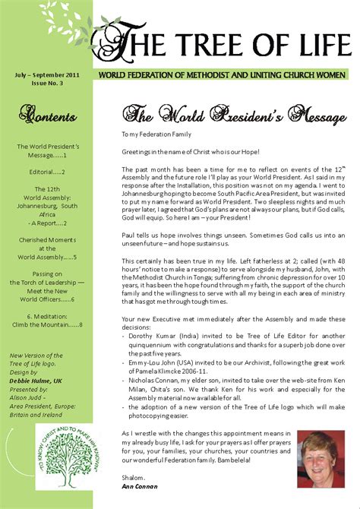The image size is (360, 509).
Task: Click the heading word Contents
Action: [x=48, y=117]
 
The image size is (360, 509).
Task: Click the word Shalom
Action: [x=135, y=476]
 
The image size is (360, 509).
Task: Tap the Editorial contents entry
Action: [x=48, y=172]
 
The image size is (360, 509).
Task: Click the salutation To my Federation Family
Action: [x=163, y=134]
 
